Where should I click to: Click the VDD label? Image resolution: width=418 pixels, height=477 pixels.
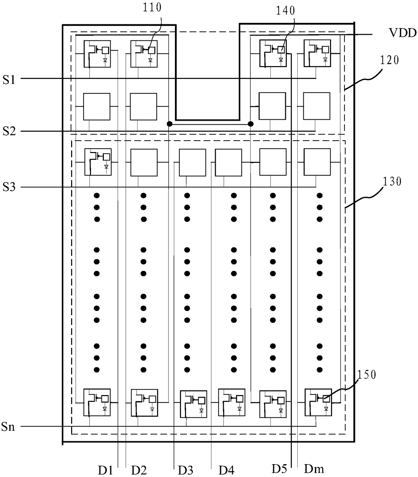(402, 33)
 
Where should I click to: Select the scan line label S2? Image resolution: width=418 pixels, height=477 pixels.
(9, 131)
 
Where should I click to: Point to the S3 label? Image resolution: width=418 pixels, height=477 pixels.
(9, 187)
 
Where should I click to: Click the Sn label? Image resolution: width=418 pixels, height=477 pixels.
(8, 427)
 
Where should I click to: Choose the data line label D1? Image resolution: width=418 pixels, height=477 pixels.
(105, 470)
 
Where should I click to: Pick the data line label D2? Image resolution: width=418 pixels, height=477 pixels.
(139, 470)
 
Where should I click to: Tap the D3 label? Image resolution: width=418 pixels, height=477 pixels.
(185, 470)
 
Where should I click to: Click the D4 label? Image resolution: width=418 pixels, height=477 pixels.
(227, 470)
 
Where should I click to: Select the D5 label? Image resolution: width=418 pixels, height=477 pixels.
(279, 469)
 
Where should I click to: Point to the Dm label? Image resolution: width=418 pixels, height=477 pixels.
(314, 469)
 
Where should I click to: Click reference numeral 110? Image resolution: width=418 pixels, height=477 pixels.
(152, 7)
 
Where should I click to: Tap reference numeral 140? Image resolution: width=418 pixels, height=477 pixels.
(286, 11)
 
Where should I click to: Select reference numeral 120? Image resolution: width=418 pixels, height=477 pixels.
(389, 60)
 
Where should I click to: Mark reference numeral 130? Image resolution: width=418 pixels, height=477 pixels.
(392, 182)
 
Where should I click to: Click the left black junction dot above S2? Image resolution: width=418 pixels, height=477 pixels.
(170, 124)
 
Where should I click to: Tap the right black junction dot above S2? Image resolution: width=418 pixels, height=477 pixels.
(250, 124)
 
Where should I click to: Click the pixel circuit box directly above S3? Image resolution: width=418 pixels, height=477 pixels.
(97, 162)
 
